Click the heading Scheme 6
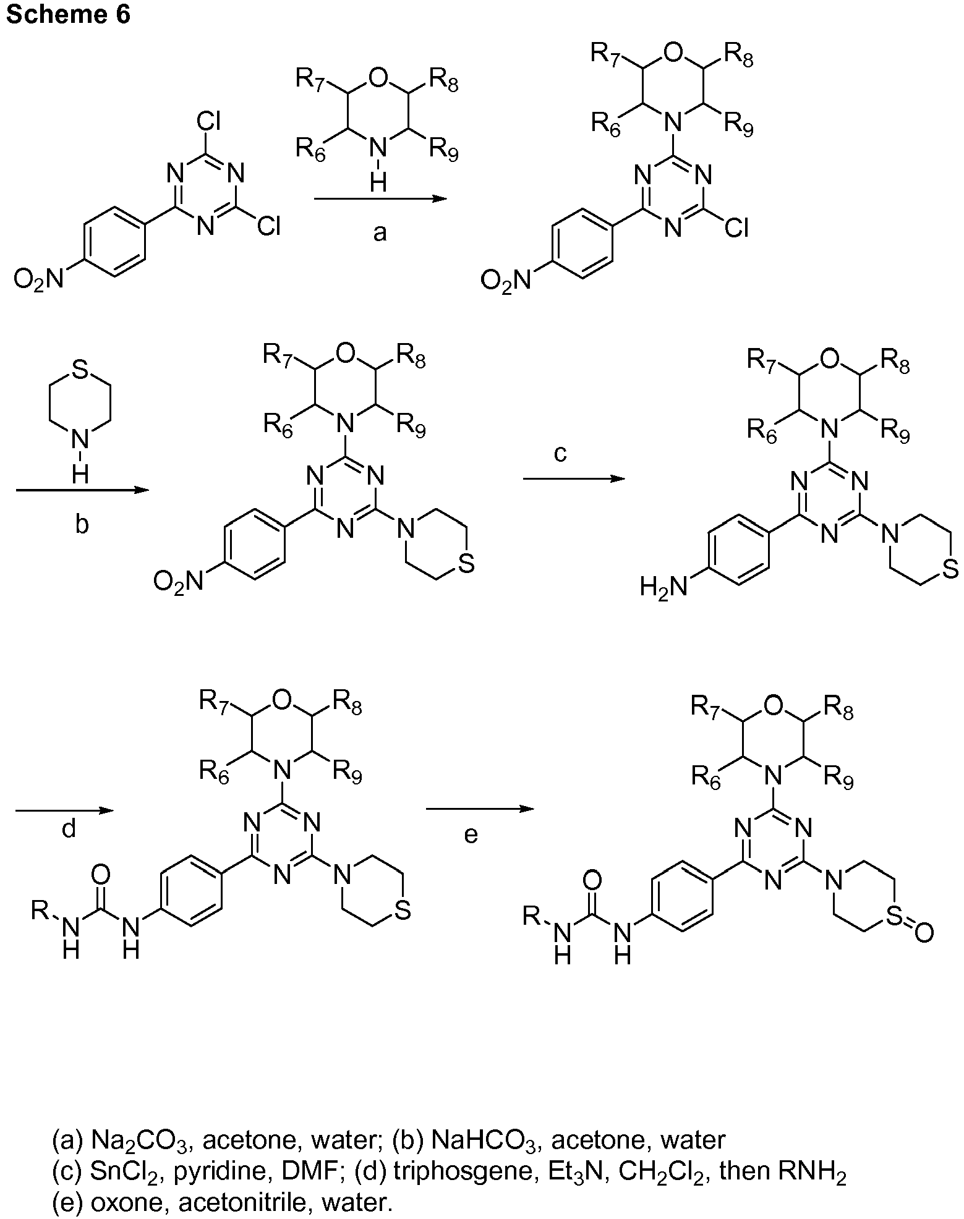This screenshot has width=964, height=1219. point(68,14)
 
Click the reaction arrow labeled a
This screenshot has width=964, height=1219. point(380,198)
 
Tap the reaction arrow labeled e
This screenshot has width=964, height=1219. point(479,809)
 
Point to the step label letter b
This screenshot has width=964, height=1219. point(82,524)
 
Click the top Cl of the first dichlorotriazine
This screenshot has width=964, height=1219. point(209,121)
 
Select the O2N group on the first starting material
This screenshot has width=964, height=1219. point(38,280)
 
